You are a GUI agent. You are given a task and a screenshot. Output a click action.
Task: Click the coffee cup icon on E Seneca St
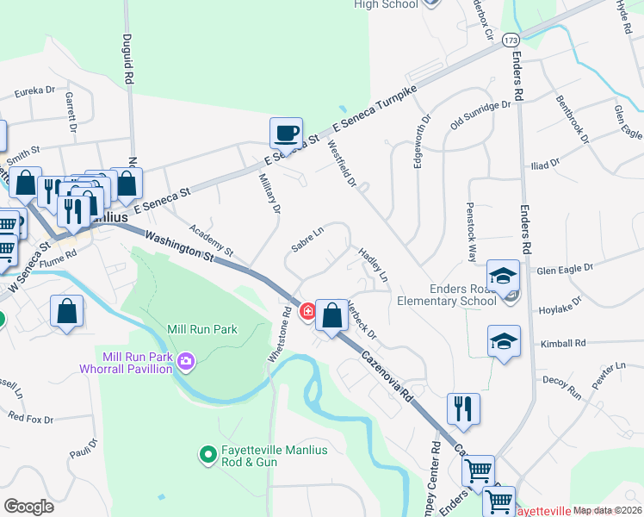(x=286, y=134)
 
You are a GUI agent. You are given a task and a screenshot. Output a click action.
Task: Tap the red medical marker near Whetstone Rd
(x=307, y=312)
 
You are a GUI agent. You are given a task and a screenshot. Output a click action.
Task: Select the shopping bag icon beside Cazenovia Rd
(x=331, y=315)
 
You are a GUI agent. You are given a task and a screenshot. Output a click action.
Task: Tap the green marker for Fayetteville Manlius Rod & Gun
(x=207, y=453)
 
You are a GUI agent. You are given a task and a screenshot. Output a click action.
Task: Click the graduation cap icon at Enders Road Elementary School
(x=503, y=277)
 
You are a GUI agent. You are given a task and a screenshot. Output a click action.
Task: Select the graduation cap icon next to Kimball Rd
(x=503, y=341)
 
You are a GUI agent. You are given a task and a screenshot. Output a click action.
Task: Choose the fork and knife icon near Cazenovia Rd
(x=463, y=409)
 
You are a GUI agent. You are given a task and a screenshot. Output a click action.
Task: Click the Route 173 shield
(x=511, y=40)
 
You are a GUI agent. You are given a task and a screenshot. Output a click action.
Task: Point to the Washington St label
(x=179, y=246)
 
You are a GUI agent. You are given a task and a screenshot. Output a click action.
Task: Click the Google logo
(x=29, y=506)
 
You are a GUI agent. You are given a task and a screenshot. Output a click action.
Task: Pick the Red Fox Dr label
(x=31, y=415)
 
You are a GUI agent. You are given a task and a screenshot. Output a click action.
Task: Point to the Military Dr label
(x=269, y=193)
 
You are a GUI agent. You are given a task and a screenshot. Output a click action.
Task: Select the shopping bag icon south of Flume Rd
(x=66, y=313)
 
